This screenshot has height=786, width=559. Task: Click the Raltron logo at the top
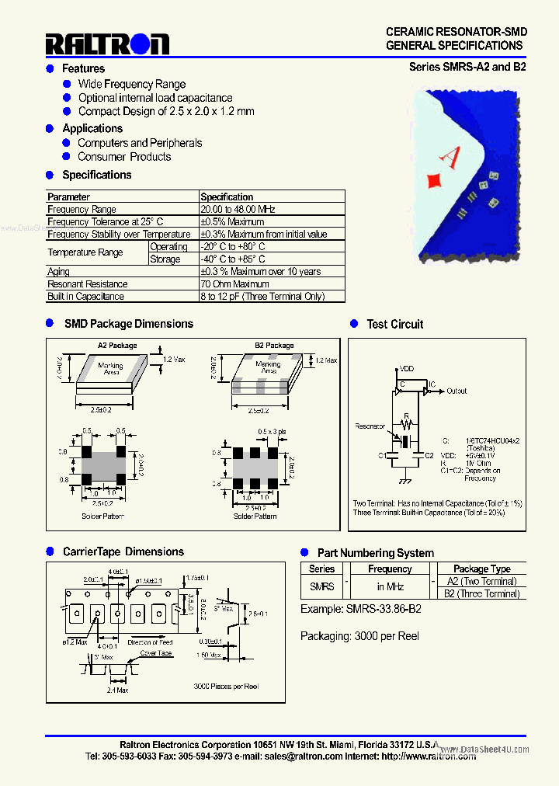[106, 43]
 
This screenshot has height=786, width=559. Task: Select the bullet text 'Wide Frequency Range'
[132, 84]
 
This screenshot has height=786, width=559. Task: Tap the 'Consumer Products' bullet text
[124, 157]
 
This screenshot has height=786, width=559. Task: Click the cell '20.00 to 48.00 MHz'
[238, 210]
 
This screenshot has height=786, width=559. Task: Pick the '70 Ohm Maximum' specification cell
[234, 284]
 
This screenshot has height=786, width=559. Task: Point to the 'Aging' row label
[59, 272]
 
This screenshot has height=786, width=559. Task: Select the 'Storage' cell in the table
[165, 259]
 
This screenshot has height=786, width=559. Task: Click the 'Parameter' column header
[69, 197]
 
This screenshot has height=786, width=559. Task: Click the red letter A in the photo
[450, 157]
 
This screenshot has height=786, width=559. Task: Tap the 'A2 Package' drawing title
[117, 346]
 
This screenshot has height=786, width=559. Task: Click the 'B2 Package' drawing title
[274, 346]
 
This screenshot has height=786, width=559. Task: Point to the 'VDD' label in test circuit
[406, 370]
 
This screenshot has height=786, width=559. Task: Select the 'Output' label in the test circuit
[457, 391]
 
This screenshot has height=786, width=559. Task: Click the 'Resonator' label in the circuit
[370, 426]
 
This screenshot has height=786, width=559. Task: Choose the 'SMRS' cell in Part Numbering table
[322, 587]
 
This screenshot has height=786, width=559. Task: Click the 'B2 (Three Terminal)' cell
[481, 594]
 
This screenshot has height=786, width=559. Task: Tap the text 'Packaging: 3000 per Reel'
[359, 636]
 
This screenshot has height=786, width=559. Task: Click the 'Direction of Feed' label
[151, 642]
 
